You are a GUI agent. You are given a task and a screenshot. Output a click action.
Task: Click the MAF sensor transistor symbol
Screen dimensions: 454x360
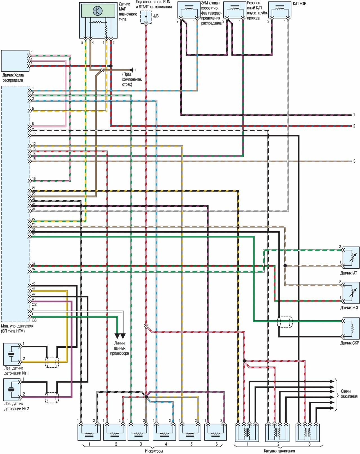tap(97, 11)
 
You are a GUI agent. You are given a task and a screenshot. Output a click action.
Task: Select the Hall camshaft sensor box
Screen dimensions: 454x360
tap(15, 61)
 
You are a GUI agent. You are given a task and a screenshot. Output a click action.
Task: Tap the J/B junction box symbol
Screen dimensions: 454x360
tap(146, 17)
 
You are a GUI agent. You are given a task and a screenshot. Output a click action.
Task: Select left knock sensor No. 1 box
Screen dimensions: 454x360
tap(12, 354)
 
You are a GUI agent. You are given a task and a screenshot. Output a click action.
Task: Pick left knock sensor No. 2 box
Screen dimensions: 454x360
tap(12, 389)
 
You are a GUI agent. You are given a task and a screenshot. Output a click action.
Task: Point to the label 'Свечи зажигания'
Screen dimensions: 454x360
tap(349, 394)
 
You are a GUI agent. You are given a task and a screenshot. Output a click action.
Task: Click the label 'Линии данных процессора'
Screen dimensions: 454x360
tap(120, 348)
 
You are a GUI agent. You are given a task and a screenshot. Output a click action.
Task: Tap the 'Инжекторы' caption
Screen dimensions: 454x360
tap(154, 451)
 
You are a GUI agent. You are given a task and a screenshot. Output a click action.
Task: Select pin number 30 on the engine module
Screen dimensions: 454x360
tap(34, 234)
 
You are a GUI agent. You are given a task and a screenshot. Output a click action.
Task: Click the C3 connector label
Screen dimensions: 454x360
tap(34, 320)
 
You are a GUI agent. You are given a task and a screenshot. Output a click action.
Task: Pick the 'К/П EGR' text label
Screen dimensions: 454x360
tap(300, 4)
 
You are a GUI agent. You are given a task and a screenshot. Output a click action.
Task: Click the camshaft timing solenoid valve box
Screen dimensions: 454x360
tap(189, 10)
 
